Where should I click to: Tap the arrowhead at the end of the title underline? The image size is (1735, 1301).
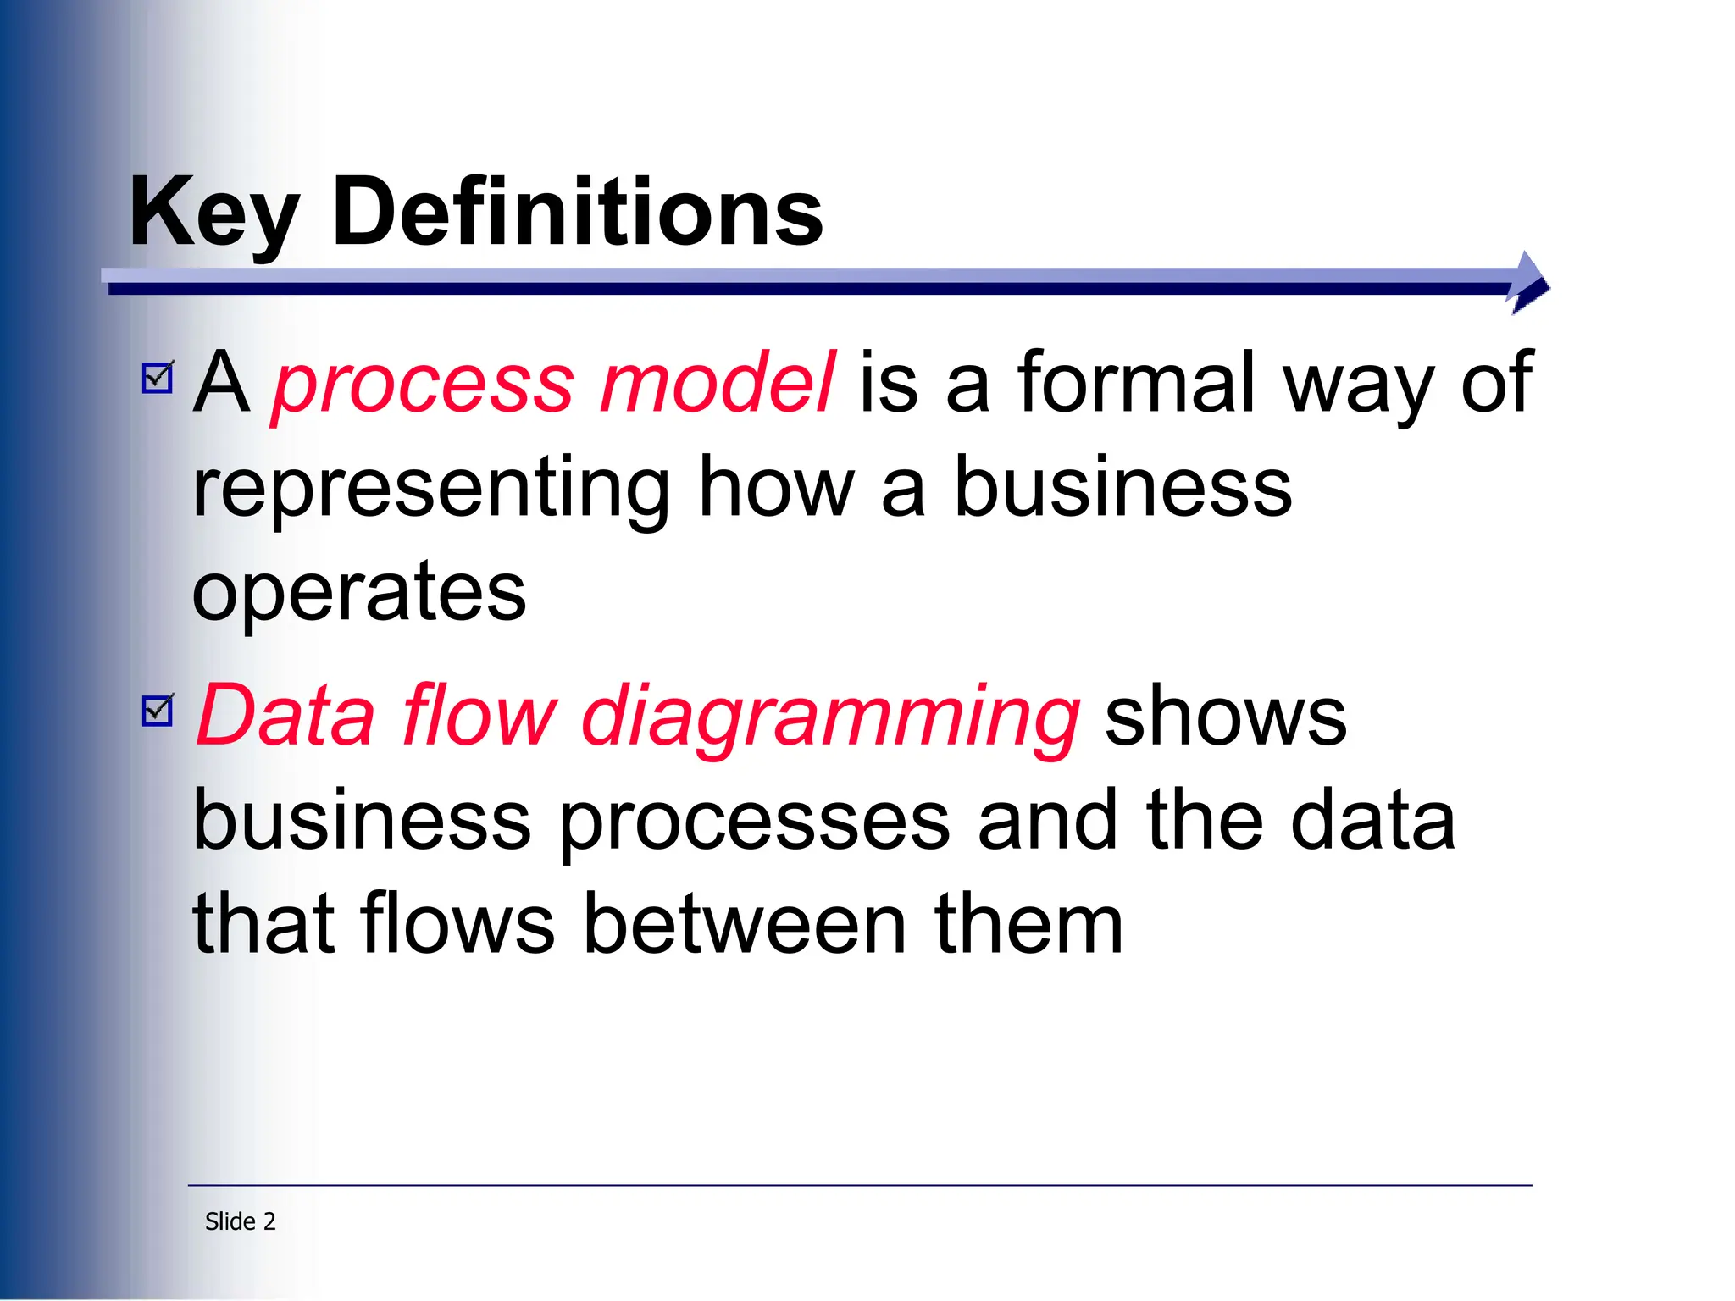[1529, 282]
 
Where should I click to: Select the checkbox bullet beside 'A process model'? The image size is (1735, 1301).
[158, 377]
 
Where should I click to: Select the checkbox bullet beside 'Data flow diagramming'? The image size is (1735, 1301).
[158, 710]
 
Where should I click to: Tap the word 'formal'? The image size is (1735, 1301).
[1136, 383]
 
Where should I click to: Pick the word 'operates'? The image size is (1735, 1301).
[359, 591]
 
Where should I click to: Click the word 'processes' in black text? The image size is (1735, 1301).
[755, 823]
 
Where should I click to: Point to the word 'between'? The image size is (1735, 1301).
[746, 924]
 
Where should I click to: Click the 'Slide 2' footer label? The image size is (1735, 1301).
[241, 1221]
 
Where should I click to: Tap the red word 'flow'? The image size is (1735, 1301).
[479, 716]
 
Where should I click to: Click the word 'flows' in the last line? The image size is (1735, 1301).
[457, 924]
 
